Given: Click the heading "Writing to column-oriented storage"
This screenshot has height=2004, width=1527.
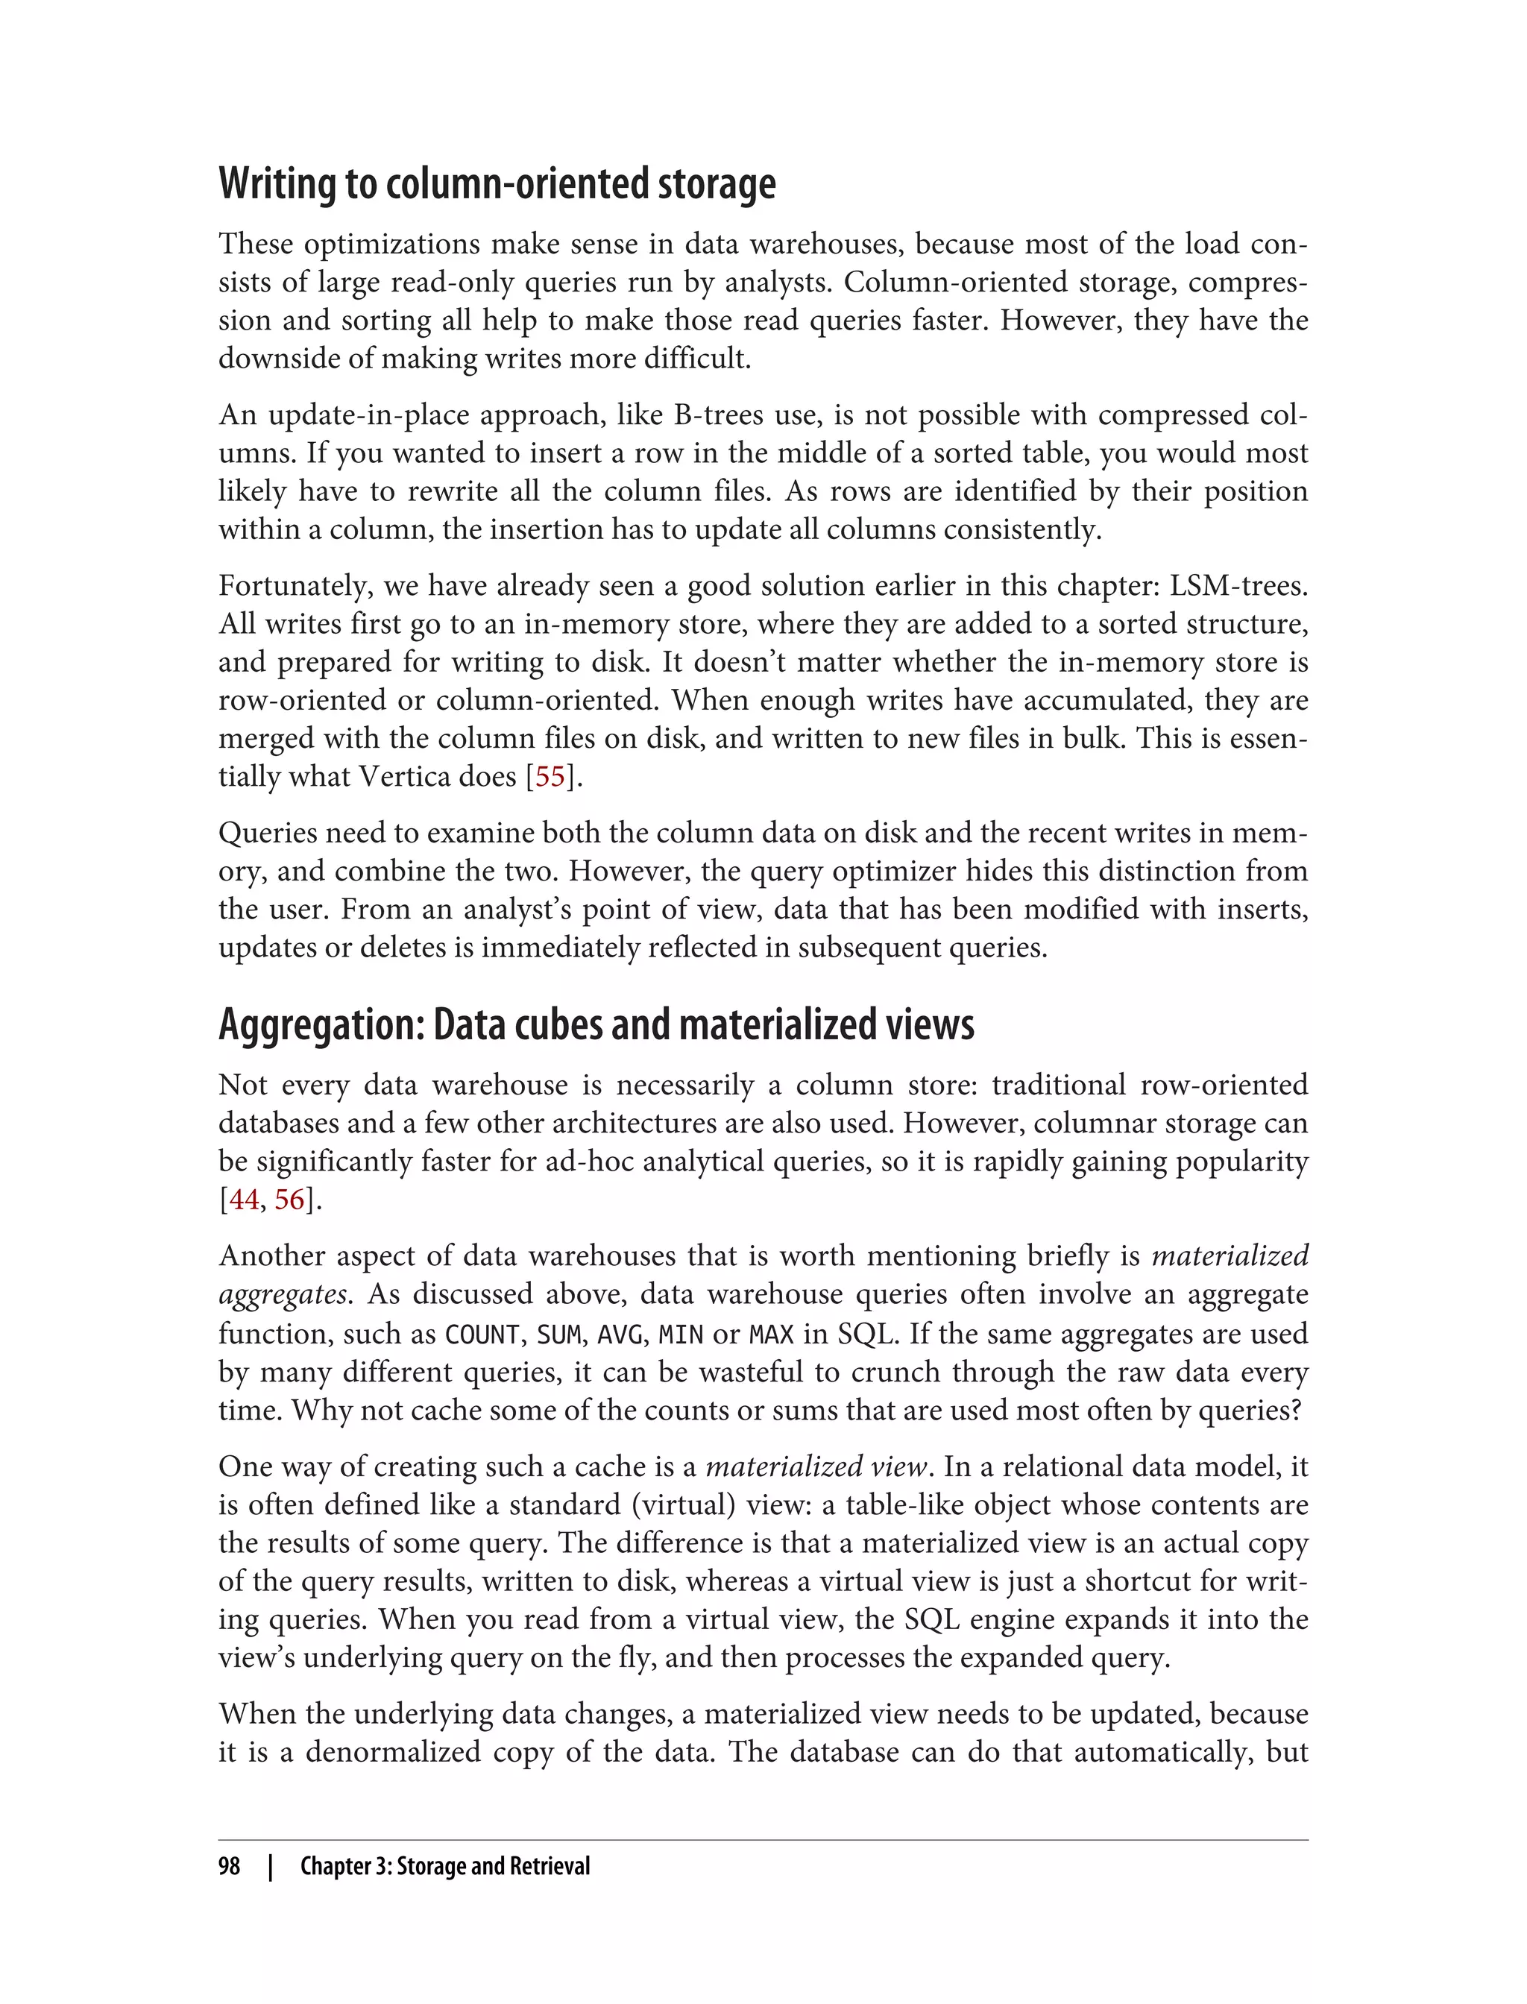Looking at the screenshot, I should pyautogui.click(x=497, y=183).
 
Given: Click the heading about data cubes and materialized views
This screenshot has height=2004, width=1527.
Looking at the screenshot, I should pyautogui.click(x=596, y=1024).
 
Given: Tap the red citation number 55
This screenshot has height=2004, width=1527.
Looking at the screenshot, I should pyautogui.click(x=550, y=777).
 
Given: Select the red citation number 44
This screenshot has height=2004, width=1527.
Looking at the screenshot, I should pyautogui.click(x=244, y=1200).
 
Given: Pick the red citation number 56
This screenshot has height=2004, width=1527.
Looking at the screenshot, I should pyautogui.click(x=289, y=1200).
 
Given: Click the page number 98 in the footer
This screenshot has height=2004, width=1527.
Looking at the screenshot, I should pyautogui.click(x=229, y=1866).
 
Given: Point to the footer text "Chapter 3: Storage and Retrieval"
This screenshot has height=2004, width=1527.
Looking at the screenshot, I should pyautogui.click(x=444, y=1866).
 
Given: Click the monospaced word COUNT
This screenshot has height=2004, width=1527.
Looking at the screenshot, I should pyautogui.click(x=481, y=1335).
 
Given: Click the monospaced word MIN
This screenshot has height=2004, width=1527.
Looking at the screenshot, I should pyautogui.click(x=681, y=1335).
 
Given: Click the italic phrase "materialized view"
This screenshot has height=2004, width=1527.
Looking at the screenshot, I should pyautogui.click(x=815, y=1467).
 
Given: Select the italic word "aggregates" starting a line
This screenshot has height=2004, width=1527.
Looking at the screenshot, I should pyautogui.click(x=283, y=1295).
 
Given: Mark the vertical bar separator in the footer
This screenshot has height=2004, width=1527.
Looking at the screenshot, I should pyautogui.click(x=270, y=1866).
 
